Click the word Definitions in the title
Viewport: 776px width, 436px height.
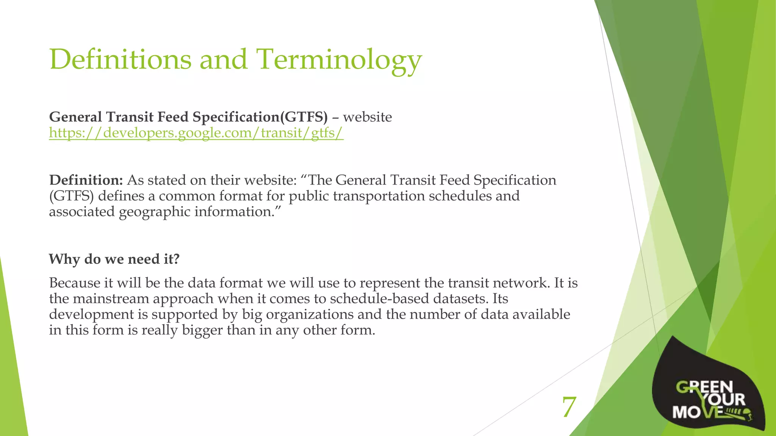click(x=120, y=60)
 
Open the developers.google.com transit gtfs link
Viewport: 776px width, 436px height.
click(x=196, y=133)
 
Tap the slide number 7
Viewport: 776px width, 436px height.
click(x=569, y=407)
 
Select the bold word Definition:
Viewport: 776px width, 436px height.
click(x=86, y=180)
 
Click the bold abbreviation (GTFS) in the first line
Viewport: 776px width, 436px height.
click(x=304, y=117)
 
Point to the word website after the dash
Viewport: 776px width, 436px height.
click(x=367, y=117)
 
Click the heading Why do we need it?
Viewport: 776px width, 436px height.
click(x=114, y=259)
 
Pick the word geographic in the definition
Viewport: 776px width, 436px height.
click(x=155, y=212)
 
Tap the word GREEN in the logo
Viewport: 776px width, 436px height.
click(x=705, y=387)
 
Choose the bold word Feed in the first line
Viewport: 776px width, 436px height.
click(x=173, y=117)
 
